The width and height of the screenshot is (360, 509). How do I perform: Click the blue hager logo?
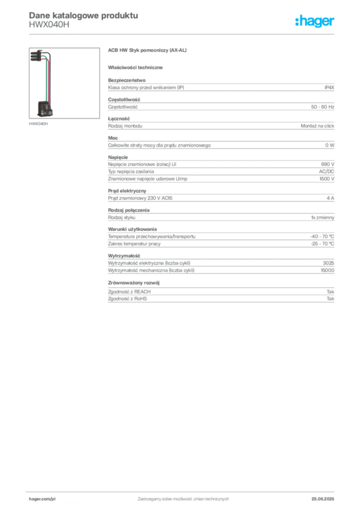click(315, 22)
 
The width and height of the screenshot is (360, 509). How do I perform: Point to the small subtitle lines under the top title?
click(50, 27)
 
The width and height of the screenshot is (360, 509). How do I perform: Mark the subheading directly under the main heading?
click(137, 67)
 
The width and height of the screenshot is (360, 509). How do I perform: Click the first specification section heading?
click(126, 79)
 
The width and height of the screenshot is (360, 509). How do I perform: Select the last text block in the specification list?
click(220, 297)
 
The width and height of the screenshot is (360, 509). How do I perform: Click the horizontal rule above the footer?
click(182, 490)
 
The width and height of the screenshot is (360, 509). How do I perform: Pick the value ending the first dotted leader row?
click(319, 125)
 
